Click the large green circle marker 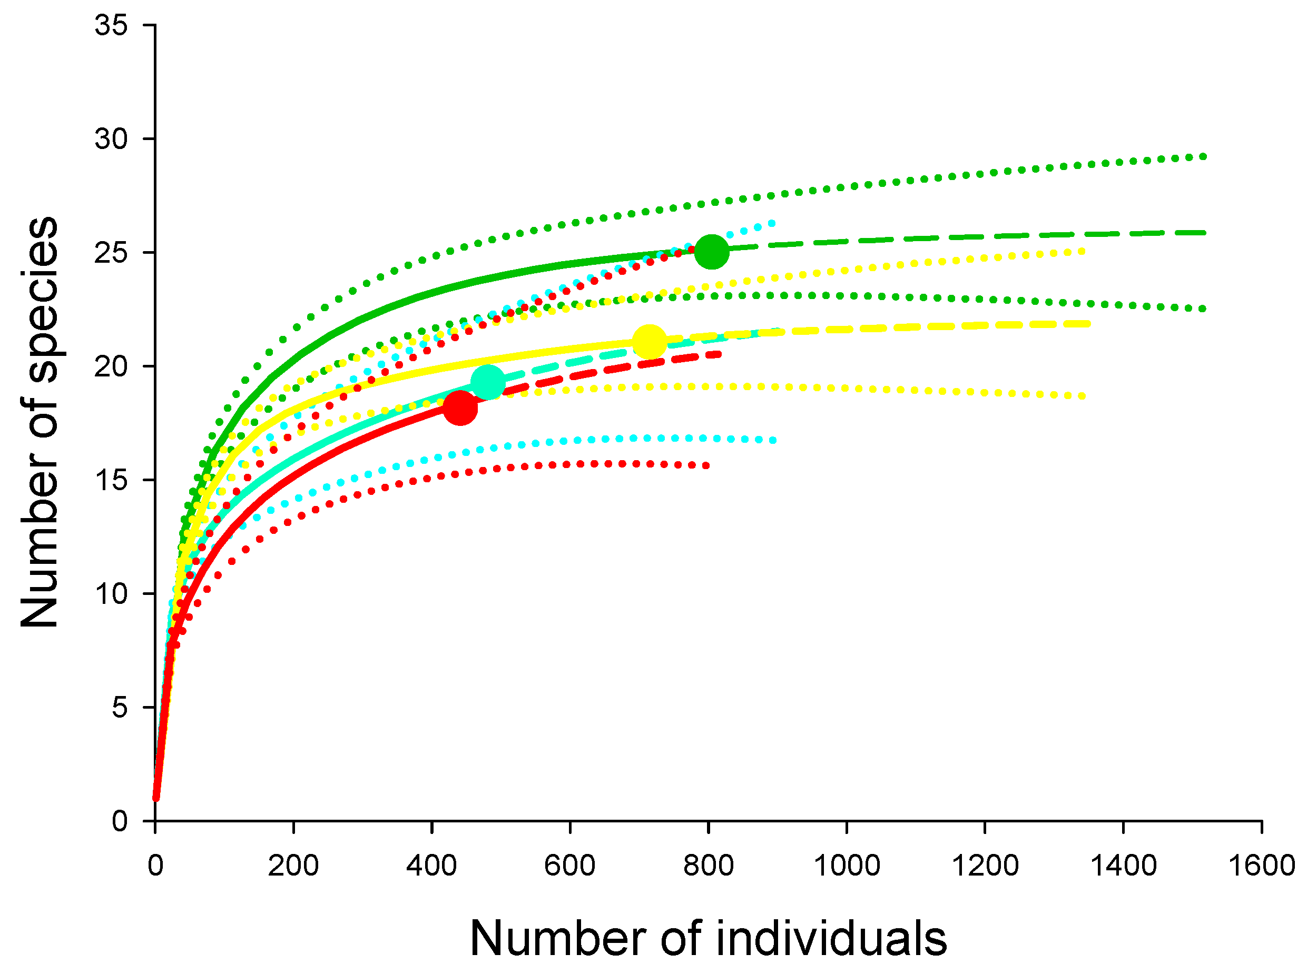[711, 251]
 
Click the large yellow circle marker [650, 341]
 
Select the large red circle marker [460, 408]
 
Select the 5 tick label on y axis [119, 707]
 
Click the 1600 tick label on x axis [1261, 866]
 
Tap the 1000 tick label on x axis [847, 866]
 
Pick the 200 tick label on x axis [293, 866]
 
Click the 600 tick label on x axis [570, 866]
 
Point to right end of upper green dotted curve [1203, 156]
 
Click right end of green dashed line [1204, 233]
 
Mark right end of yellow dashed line [1089, 324]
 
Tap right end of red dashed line [719, 354]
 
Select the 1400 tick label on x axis [1123, 866]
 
